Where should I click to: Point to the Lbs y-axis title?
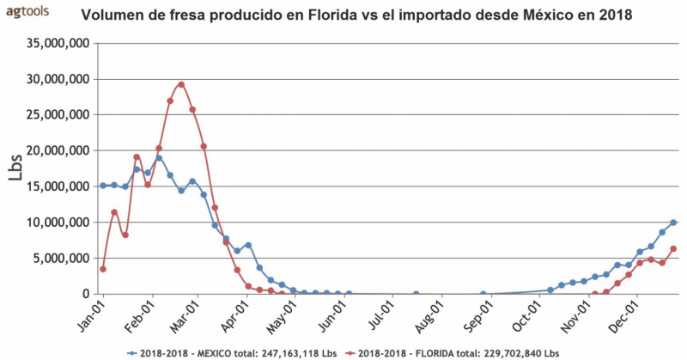click(x=16, y=168)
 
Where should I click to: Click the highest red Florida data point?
click(x=181, y=84)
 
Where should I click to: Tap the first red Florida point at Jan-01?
click(x=103, y=269)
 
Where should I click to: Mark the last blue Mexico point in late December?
click(x=673, y=223)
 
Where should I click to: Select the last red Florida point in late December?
click(x=673, y=249)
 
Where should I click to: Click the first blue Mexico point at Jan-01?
click(x=103, y=186)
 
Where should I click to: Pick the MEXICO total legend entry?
click(x=232, y=352)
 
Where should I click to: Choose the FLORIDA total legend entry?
click(x=459, y=352)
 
